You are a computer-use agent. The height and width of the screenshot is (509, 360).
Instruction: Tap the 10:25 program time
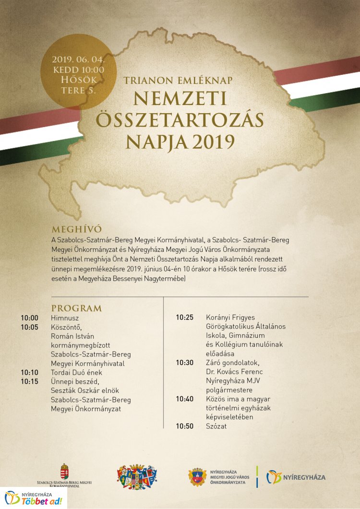(184, 317)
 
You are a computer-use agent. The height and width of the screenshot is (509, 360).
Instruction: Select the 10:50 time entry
(184, 426)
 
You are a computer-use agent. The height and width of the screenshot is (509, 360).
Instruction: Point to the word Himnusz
(65, 318)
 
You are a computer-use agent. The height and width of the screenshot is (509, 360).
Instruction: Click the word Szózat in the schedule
(216, 426)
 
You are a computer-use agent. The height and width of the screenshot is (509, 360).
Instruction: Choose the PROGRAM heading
(76, 308)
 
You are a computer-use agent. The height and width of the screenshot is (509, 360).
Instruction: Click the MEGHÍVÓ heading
(77, 229)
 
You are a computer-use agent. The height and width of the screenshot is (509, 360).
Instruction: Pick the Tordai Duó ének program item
(77, 372)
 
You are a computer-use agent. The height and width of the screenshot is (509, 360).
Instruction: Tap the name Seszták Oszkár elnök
(85, 391)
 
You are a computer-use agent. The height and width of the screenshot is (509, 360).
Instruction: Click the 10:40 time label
(184, 399)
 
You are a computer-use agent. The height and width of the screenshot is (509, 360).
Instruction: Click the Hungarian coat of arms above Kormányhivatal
(64, 471)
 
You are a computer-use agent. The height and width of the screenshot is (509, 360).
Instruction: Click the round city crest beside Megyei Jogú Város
(197, 477)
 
